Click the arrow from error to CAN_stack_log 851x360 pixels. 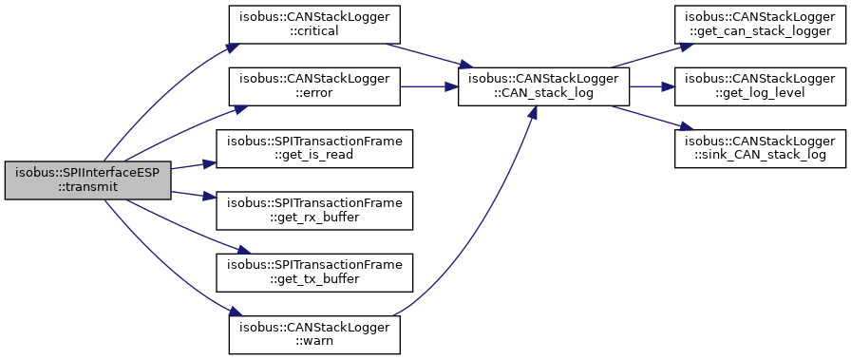(x=429, y=86)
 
